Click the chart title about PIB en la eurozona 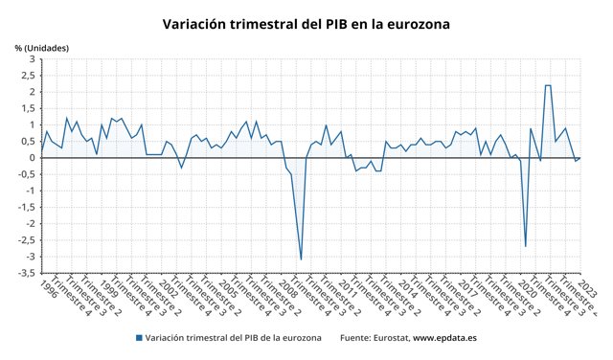306,22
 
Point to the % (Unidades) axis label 42,48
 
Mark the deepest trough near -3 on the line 301,259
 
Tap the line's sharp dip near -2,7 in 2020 525,246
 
